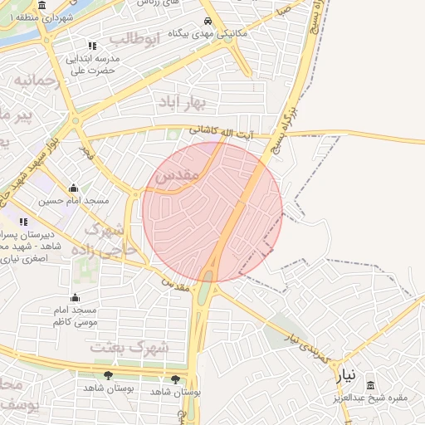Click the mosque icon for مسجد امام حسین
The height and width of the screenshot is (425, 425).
[x=74, y=188]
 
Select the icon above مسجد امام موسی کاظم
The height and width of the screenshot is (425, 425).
[x=75, y=297]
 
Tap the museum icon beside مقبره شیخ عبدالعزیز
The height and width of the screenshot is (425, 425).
[x=369, y=384]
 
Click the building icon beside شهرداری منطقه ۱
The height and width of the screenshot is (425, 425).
[x=42, y=5]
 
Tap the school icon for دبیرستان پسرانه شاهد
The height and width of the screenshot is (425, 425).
[x=23, y=222]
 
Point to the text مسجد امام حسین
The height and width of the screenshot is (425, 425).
[x=73, y=201]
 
